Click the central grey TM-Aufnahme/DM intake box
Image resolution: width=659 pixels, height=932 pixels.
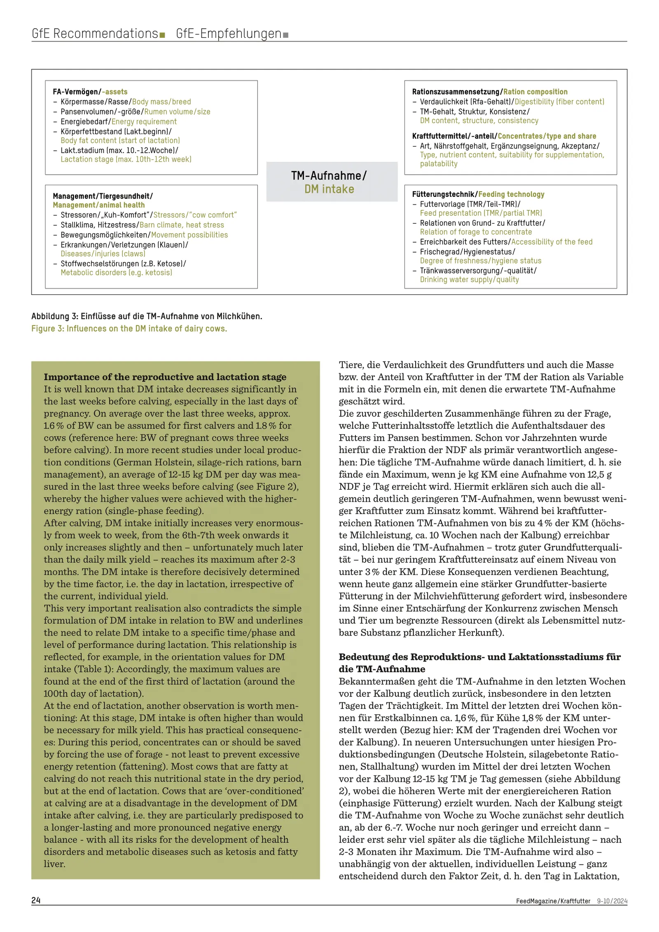click(332, 182)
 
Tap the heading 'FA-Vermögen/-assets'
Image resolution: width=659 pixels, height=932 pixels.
click(90, 92)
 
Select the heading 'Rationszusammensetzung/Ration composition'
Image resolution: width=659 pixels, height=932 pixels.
click(489, 92)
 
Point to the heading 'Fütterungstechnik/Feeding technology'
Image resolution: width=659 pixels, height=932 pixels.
click(478, 194)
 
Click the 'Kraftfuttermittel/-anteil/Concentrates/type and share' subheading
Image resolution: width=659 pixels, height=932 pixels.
click(504, 136)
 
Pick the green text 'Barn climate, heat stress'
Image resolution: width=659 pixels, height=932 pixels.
click(182, 225)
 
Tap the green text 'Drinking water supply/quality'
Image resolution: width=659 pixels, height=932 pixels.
click(469, 280)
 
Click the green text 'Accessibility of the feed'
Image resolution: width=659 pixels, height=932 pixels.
click(552, 242)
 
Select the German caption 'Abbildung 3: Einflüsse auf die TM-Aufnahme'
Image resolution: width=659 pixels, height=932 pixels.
click(147, 316)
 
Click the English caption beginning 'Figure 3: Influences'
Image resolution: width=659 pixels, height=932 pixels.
click(129, 329)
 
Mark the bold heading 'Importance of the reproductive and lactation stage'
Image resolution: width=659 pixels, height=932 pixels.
click(165, 377)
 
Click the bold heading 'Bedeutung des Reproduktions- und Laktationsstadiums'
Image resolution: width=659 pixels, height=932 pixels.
click(479, 657)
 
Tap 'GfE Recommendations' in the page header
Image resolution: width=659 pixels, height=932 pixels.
click(95, 33)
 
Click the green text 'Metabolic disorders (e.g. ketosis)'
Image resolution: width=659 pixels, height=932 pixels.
click(116, 273)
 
